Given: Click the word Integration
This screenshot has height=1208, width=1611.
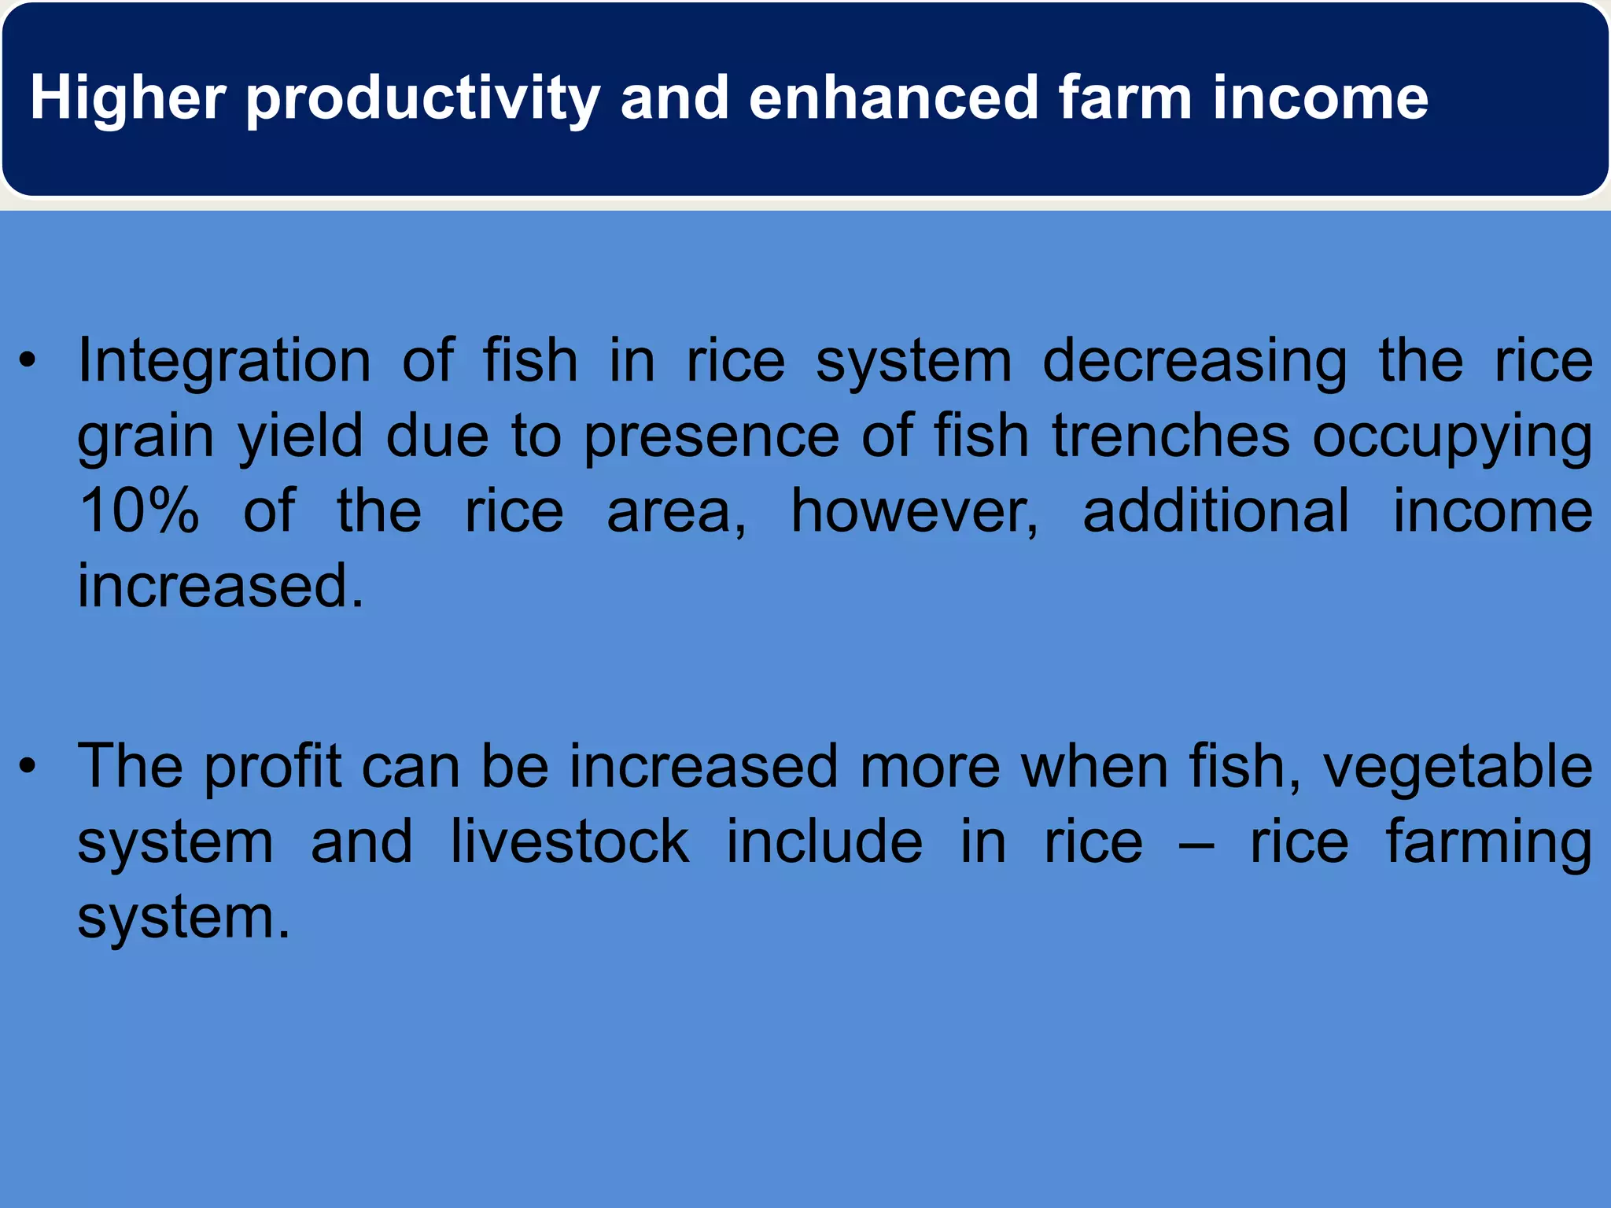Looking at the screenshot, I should [x=224, y=362].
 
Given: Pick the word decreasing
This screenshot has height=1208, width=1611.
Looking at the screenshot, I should [x=1194, y=362].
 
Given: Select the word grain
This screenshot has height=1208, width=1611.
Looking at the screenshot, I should [x=146, y=437].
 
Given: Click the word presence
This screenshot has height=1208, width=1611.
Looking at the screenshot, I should [x=711, y=437].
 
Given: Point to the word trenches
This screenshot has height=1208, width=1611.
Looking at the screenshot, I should [x=1170, y=436].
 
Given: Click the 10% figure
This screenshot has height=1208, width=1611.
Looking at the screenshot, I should [x=138, y=511].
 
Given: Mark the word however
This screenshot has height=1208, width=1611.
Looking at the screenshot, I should [x=914, y=511].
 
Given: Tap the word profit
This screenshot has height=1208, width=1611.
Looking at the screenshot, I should [x=273, y=767].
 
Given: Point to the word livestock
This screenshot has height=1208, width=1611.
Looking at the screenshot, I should [x=570, y=842].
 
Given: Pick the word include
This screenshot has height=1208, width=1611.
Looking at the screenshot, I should [x=824, y=842].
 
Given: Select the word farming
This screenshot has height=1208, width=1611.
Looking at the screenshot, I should [x=1488, y=843].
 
